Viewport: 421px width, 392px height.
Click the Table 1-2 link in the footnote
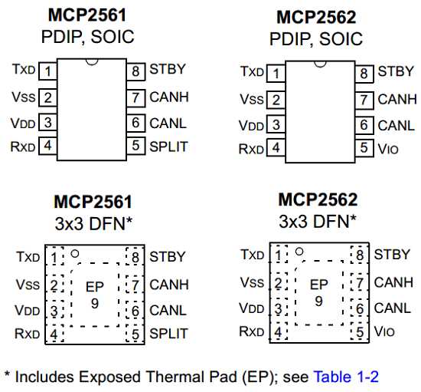click(346, 377)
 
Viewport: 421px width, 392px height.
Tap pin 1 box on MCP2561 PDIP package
click(47, 71)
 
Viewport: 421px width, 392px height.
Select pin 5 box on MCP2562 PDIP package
click(364, 148)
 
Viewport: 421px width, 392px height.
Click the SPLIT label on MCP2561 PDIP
click(168, 147)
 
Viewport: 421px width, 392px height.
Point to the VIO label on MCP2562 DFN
click(384, 331)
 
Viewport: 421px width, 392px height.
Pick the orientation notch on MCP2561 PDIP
click(92, 63)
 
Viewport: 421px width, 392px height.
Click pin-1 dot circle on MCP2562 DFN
click(299, 252)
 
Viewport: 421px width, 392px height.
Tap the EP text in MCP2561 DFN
click(94, 287)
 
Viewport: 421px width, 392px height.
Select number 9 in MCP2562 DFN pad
click(318, 301)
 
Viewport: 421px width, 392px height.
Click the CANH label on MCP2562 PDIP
click(397, 99)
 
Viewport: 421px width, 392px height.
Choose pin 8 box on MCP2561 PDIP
click(135, 71)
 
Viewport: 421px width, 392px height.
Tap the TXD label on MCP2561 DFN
click(28, 257)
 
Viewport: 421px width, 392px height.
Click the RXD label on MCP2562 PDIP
click(251, 149)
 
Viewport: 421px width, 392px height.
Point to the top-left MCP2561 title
click(87, 15)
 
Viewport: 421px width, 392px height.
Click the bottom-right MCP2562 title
click(318, 199)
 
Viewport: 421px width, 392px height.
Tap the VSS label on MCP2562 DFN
click(252, 282)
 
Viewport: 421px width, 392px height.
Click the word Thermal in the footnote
click(191, 377)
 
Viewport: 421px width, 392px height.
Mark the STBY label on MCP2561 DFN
click(168, 257)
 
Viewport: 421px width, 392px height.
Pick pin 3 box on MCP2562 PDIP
click(276, 124)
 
